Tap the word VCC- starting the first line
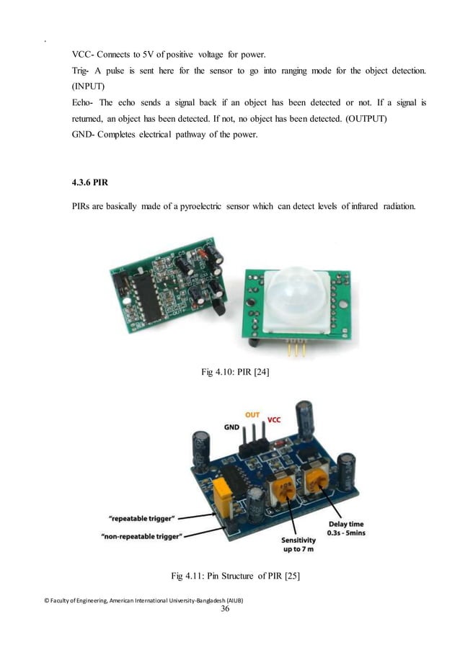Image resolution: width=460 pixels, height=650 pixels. point(85,55)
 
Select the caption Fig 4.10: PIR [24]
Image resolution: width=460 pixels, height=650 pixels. point(229,372)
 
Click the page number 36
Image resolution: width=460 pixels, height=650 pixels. point(229,609)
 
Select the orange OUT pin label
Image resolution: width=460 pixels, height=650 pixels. point(252,415)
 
